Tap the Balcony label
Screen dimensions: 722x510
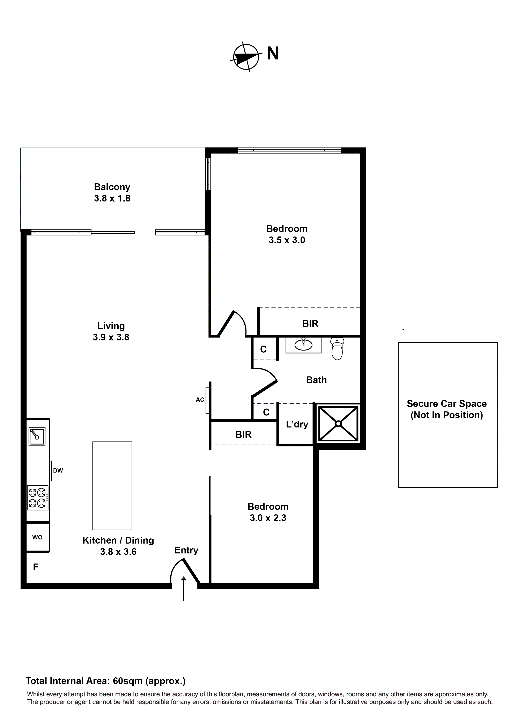pos(112,187)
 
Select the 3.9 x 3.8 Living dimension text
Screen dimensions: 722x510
pos(111,337)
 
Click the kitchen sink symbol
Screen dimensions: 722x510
pos(37,437)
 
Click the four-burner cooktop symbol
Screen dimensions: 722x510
pos(37,498)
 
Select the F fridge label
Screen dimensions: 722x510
pos(36,567)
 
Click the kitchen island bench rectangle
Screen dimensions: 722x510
pos(112,486)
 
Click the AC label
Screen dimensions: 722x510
pos(200,400)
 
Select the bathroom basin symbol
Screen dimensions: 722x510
pos(303,345)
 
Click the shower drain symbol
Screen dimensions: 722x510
pos(338,424)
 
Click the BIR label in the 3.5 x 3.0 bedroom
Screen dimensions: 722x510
pos(310,324)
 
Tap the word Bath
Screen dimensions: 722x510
pos(316,380)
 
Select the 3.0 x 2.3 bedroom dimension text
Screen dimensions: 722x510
pos(268,518)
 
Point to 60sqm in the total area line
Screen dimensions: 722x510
pos(127,681)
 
